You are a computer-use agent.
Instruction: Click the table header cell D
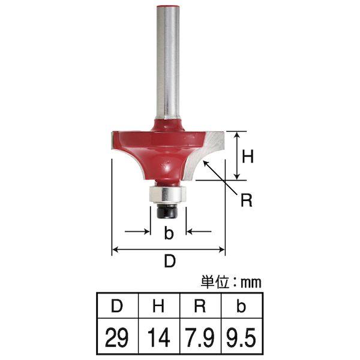pyautogui.click(x=118, y=306)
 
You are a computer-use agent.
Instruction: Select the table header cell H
pyautogui.click(x=159, y=306)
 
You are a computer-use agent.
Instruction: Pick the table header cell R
pyautogui.click(x=200, y=306)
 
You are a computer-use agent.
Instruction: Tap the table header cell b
pyautogui.click(x=242, y=306)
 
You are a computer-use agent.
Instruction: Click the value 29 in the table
pyautogui.click(x=117, y=337)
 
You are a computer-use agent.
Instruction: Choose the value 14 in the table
pyautogui.click(x=158, y=337)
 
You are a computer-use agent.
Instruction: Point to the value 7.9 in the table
pyautogui.click(x=200, y=337)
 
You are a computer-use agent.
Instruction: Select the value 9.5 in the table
pyautogui.click(x=241, y=337)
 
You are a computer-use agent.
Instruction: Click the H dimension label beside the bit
pyautogui.click(x=248, y=156)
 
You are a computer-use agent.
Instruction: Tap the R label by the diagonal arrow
pyautogui.click(x=247, y=200)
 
